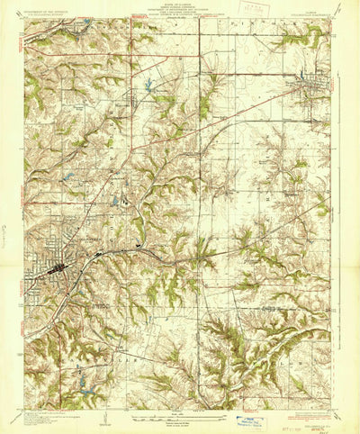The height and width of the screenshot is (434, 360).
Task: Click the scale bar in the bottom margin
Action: click(180, 411)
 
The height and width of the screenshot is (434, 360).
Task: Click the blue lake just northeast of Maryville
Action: click(146, 87)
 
